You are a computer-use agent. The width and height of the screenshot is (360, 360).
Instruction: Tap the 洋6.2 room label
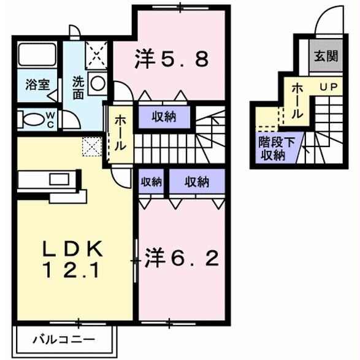click(x=182, y=259)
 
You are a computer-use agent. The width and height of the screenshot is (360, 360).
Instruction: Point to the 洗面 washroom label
click(x=79, y=88)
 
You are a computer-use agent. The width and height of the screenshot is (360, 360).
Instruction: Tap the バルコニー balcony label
click(x=64, y=339)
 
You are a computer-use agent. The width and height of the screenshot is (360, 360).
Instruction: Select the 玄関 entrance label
click(x=326, y=57)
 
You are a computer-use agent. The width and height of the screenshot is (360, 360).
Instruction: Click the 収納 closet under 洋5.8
click(x=164, y=117)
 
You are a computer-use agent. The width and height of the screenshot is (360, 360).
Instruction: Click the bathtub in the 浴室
click(x=37, y=55)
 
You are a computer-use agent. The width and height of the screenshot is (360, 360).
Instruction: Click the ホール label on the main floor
click(x=120, y=134)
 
